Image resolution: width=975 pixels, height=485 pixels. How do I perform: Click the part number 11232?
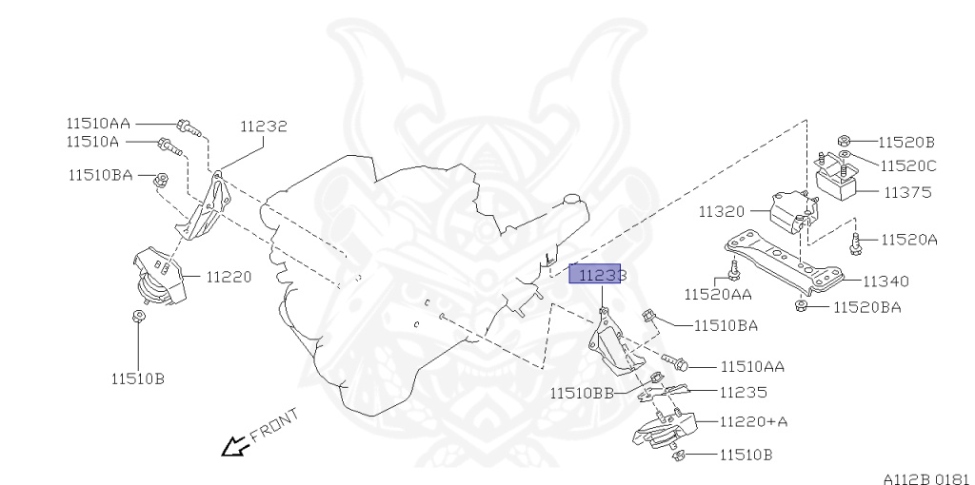coord(263,126)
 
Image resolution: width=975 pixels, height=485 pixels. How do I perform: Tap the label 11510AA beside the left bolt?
coord(98,123)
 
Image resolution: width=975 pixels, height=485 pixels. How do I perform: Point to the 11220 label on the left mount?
coord(229,278)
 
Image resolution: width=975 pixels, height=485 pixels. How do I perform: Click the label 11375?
coord(906,192)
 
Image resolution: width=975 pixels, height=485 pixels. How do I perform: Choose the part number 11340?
coord(885,281)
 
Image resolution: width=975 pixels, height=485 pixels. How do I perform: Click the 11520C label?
coord(907,165)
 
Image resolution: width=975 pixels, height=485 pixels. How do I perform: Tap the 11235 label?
coord(743,392)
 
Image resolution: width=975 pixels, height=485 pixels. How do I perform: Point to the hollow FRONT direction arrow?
coord(231,445)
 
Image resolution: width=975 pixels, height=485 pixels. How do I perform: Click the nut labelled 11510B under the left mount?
coord(138,318)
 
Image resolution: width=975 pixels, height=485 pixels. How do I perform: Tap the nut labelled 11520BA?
coord(801,305)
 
